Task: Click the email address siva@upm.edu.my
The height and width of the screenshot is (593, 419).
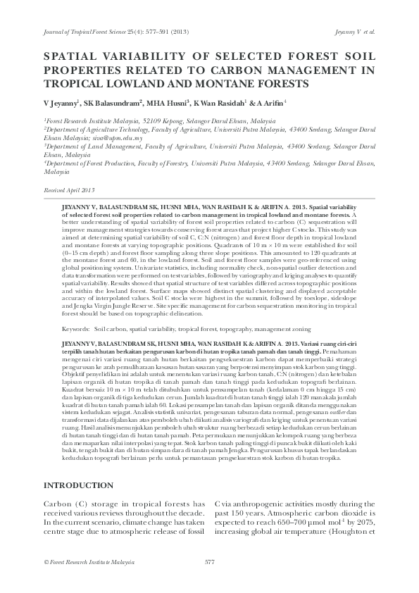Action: coord(119,139)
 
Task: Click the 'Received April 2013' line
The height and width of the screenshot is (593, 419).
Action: coord(69,191)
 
